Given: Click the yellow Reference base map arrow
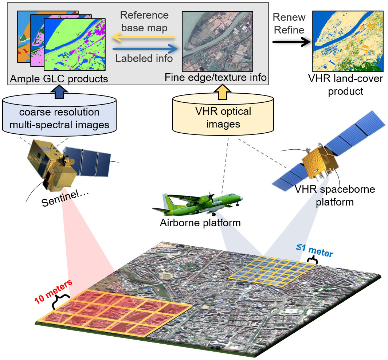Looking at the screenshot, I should pyautogui.click(x=144, y=37).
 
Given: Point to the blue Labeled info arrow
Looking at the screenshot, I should pyautogui.click(x=144, y=49).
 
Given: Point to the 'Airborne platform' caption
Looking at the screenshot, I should pyautogui.click(x=200, y=222).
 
